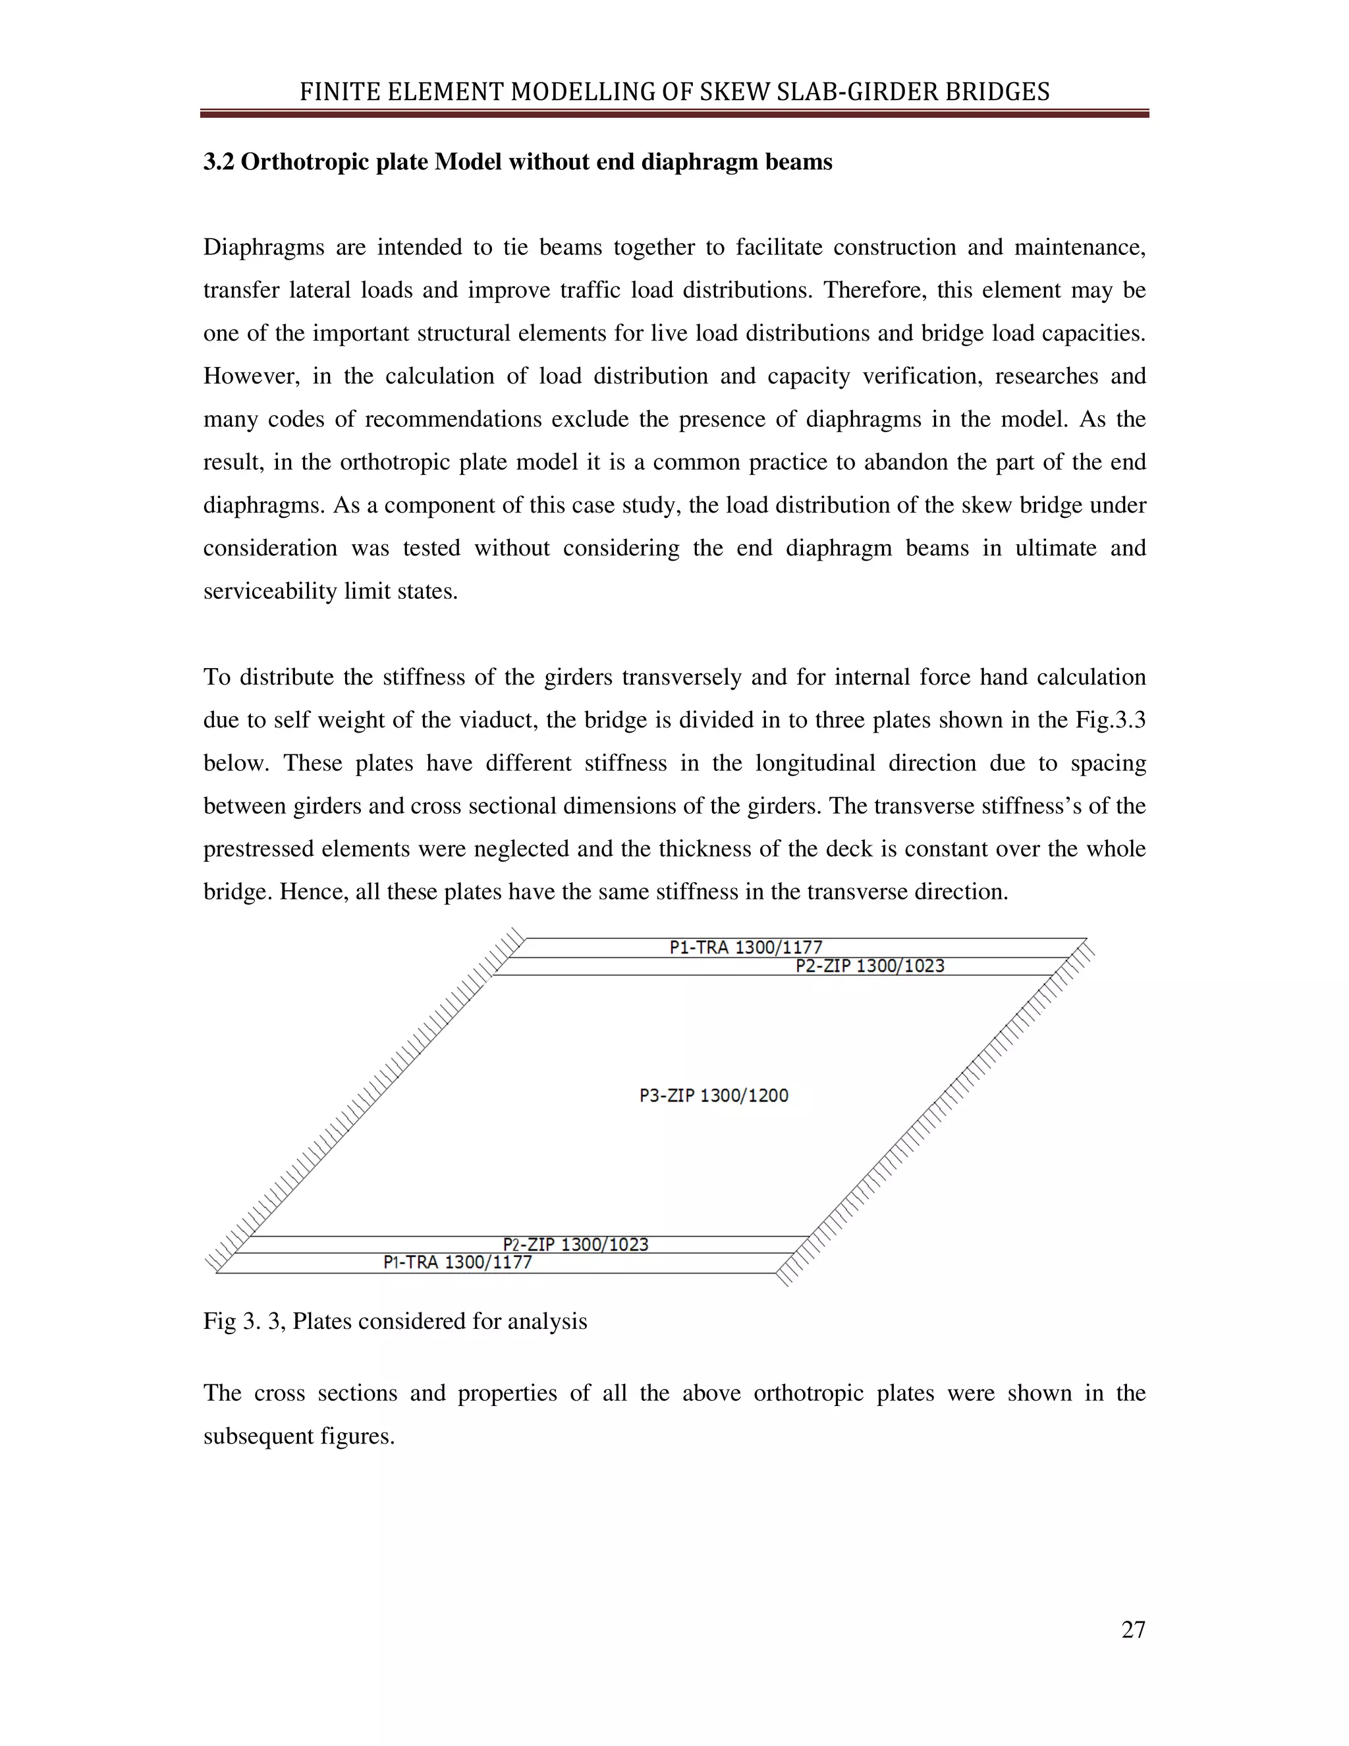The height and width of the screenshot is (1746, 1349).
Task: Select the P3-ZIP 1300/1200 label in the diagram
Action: click(x=713, y=1095)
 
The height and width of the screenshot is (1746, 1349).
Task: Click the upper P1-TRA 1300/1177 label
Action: click(x=745, y=947)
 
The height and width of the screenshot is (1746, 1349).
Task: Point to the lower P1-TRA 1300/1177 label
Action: click(x=457, y=1262)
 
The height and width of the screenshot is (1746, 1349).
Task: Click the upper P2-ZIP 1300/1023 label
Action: click(x=869, y=966)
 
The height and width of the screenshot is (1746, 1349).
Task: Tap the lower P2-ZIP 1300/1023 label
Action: click(x=576, y=1244)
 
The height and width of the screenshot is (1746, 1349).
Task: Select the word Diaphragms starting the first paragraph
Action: click(x=263, y=248)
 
